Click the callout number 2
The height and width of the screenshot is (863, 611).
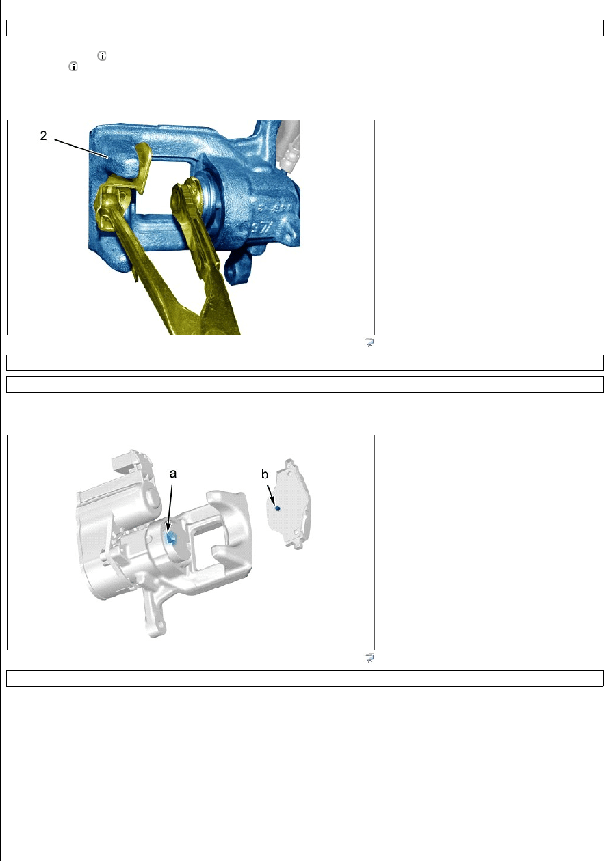coord(43,135)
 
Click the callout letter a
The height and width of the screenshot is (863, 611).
coord(173,474)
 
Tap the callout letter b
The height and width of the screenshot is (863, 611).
coord(265,474)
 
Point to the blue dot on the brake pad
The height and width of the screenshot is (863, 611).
coord(277,508)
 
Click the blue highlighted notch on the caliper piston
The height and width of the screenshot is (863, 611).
coord(170,538)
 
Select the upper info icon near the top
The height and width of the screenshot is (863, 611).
coord(102,56)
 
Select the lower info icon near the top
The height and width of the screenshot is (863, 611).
coord(73,67)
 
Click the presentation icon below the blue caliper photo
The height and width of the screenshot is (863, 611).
coord(369,342)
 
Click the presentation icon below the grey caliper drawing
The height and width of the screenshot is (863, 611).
coord(369,657)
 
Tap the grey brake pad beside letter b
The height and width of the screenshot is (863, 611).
coord(290,505)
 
